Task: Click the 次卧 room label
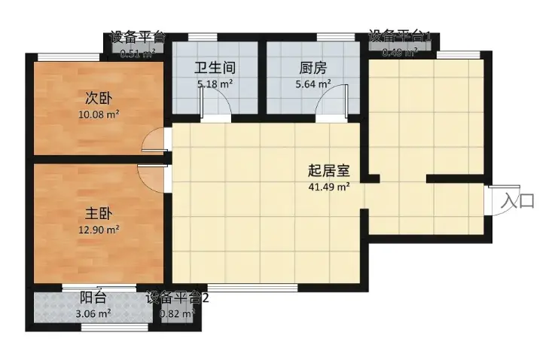(93, 98)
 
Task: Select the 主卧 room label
(93, 214)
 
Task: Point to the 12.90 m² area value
(99, 230)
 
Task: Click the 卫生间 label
(214, 68)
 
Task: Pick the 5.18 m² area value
(215, 84)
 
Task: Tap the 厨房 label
(310, 68)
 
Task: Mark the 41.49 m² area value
(329, 187)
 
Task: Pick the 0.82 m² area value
(178, 313)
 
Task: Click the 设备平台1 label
(400, 35)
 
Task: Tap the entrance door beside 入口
(497, 200)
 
